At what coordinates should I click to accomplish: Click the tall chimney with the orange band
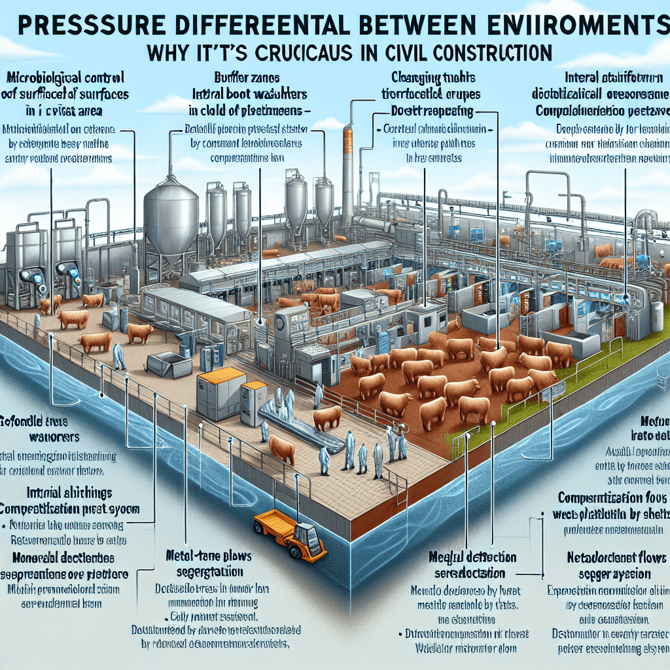tap(347, 164)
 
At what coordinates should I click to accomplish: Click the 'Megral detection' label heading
tap(472, 557)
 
